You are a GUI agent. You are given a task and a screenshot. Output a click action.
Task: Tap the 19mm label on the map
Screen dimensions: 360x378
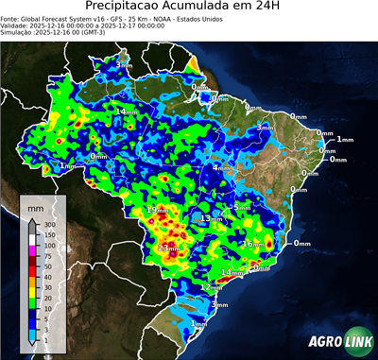point(157,209)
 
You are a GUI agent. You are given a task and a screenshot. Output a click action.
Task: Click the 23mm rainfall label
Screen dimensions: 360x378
point(168,248)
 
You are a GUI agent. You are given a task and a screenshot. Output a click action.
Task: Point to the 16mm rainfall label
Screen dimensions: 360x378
point(251,244)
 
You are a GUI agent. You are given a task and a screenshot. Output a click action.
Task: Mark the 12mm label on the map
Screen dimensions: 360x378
point(211,286)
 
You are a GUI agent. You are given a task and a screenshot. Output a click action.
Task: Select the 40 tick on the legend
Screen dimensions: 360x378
point(49,276)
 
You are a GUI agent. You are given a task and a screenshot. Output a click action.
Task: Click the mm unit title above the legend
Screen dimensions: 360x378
point(36,205)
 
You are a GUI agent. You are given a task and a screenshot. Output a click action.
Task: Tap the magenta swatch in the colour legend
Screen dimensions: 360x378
point(32,249)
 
